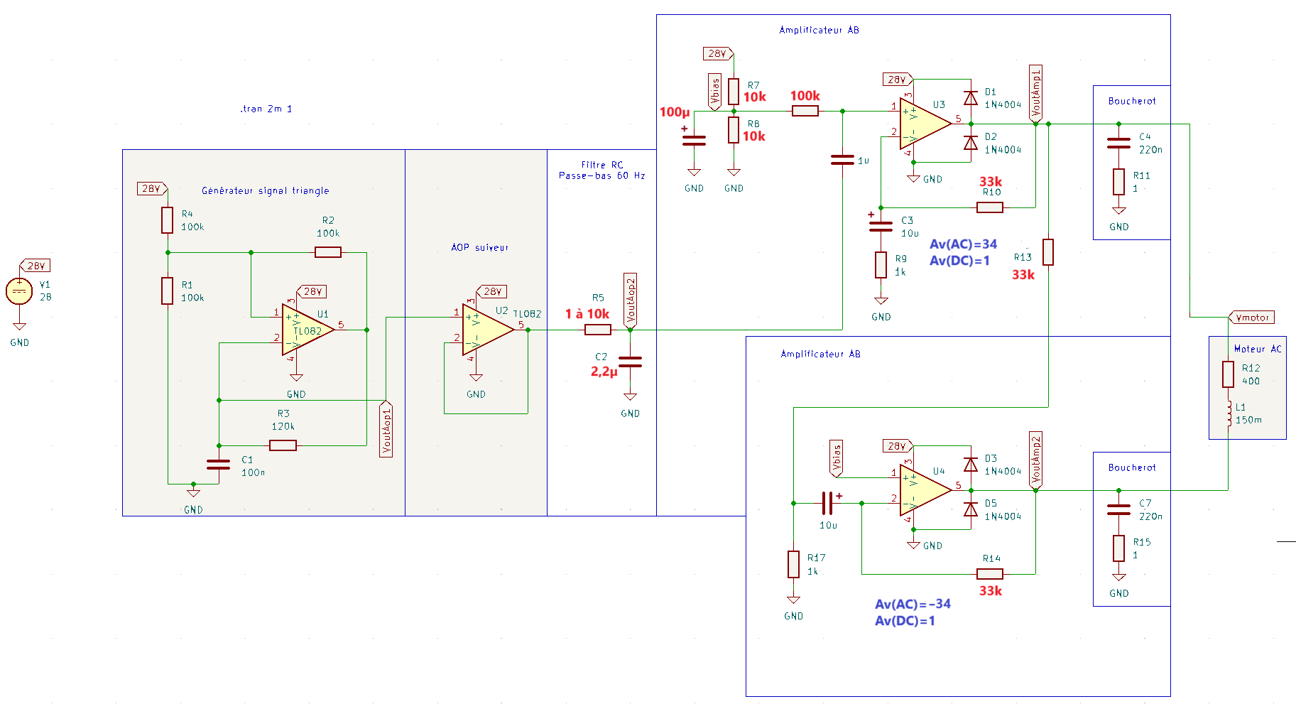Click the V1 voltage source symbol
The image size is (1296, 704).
pyautogui.click(x=19, y=291)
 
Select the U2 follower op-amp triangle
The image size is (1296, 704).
pyautogui.click(x=486, y=330)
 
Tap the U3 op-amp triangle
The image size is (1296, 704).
pyautogui.click(x=924, y=124)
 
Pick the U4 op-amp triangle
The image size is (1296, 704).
pyautogui.click(x=924, y=490)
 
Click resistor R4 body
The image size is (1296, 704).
pyautogui.click(x=167, y=220)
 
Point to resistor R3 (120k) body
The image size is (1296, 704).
pyautogui.click(x=283, y=445)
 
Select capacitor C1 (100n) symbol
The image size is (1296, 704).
pyautogui.click(x=218, y=465)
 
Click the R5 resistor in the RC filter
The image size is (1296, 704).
pyautogui.click(x=597, y=330)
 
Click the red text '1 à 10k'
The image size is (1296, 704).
pyautogui.click(x=587, y=314)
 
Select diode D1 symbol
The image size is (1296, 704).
pyautogui.click(x=970, y=98)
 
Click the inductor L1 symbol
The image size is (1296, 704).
pyautogui.click(x=1229, y=414)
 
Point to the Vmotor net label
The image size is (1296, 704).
pyautogui.click(x=1251, y=318)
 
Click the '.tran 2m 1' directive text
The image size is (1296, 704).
pyautogui.click(x=266, y=109)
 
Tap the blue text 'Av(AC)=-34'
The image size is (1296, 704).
pyautogui.click(x=913, y=604)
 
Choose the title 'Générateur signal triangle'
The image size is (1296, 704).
pyautogui.click(x=265, y=190)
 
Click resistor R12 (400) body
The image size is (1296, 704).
pyautogui.click(x=1229, y=374)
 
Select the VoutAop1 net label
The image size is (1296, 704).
pyautogui.click(x=386, y=430)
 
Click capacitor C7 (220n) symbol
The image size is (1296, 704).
pyautogui.click(x=1118, y=509)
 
